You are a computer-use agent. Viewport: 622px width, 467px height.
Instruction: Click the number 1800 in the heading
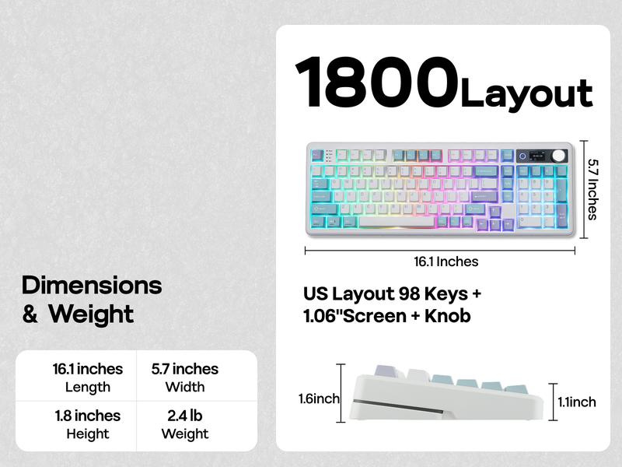(377, 83)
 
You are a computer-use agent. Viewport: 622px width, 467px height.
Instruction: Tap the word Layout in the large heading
(526, 93)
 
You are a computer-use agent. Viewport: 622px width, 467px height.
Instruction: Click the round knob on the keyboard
(558, 155)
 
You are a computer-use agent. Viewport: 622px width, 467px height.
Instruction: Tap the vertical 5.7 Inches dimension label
(593, 189)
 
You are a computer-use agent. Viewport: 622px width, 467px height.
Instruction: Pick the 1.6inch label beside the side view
(319, 399)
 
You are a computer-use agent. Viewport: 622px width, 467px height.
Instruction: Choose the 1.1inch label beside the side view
(576, 402)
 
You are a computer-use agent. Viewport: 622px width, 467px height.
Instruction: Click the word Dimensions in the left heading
(92, 285)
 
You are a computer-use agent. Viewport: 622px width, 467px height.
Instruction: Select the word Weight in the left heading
(91, 314)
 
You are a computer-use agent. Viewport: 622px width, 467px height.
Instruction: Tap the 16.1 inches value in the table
(88, 369)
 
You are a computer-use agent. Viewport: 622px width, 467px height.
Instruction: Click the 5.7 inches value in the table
(185, 369)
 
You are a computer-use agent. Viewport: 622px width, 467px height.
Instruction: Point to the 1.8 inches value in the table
(88, 415)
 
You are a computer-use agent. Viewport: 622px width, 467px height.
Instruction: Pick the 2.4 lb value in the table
(185, 415)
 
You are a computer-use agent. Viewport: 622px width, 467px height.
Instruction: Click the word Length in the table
(88, 387)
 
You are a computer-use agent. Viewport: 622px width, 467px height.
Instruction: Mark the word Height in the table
(88, 434)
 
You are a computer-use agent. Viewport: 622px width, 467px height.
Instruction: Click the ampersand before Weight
(30, 315)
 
